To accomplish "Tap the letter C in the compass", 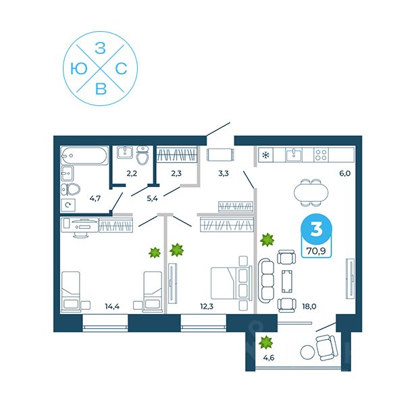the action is point(122,68).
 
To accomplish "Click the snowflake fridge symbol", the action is point(265,156).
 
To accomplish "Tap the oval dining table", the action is point(308,192).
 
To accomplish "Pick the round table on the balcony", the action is point(309,352).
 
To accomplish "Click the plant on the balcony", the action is point(267,342).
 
